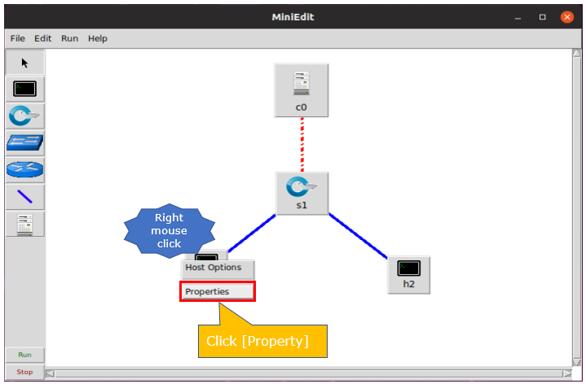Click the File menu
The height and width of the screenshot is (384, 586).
pos(18,38)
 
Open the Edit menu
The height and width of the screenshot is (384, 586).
pos(43,38)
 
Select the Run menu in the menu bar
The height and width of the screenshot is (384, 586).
pos(70,38)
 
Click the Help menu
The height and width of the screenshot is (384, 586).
pos(98,38)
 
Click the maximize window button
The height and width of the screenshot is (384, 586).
pos(542,17)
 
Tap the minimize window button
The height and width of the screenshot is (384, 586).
pos(518,18)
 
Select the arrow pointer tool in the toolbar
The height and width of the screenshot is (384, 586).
pos(24,63)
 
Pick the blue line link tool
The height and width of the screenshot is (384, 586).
pos(24,197)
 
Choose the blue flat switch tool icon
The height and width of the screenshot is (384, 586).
pos(24,143)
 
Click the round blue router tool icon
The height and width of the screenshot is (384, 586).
pos(24,170)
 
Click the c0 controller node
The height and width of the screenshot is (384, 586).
pos(302,90)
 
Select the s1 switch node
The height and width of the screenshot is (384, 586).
pos(302,194)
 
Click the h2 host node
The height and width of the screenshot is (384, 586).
pos(409,275)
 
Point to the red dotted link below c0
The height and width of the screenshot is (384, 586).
pos(302,145)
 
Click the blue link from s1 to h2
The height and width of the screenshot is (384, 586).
pos(358,236)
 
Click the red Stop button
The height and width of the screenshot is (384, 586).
pos(24,372)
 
